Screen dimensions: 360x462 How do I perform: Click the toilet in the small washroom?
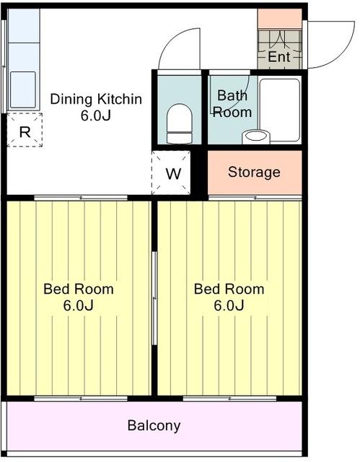(179, 123)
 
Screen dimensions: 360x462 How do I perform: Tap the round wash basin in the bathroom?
(256, 136)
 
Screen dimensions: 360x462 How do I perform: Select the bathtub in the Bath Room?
(280, 110)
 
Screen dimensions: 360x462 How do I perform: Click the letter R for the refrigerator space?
(25, 132)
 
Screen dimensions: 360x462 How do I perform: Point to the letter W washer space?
(173, 173)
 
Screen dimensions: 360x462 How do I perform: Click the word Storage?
(254, 173)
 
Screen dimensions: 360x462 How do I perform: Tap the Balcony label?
(154, 426)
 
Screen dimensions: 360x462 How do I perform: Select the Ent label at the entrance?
(278, 56)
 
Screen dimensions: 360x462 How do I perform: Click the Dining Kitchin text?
(96, 99)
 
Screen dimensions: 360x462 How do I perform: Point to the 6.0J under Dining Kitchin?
(96, 115)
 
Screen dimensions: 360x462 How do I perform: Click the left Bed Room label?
(79, 289)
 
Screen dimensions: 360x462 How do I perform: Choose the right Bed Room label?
(229, 289)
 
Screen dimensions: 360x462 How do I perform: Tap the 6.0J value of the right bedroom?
(229, 305)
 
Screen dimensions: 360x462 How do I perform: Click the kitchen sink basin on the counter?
(23, 90)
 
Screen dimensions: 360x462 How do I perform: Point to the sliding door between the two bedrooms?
(154, 298)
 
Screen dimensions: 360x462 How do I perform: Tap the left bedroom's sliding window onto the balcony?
(81, 398)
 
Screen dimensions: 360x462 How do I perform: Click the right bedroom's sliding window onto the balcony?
(229, 398)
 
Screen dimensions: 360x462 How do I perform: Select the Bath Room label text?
(232, 104)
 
